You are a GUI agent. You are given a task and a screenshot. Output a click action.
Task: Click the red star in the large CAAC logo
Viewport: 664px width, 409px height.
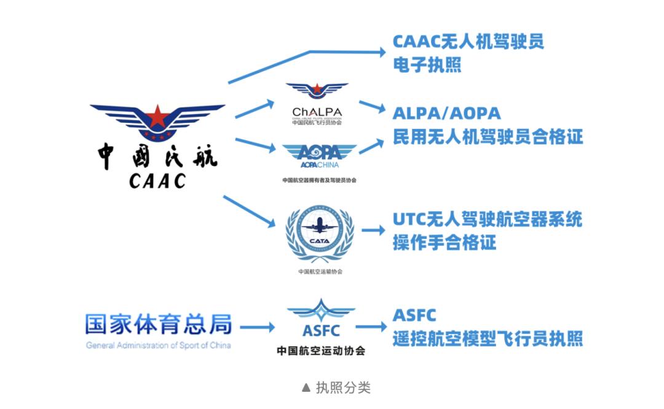click(158, 115)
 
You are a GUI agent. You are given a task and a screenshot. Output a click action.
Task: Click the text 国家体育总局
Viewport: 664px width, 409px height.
click(159, 324)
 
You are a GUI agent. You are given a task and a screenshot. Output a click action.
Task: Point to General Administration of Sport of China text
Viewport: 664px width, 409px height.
click(159, 345)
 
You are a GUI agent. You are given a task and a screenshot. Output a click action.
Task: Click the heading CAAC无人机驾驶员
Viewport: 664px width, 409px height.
click(468, 42)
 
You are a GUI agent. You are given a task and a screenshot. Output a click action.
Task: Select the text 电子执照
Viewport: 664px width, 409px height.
click(427, 65)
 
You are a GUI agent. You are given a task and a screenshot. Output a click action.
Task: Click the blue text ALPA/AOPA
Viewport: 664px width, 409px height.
click(447, 113)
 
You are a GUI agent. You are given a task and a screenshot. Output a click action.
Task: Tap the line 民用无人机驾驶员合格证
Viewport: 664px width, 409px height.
click(488, 136)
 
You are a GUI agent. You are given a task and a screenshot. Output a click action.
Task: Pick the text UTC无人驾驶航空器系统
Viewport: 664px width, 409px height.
click(487, 219)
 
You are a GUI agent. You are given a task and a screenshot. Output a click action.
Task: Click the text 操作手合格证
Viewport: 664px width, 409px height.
click(445, 243)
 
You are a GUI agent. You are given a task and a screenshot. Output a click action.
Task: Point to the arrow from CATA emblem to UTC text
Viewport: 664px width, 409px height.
click(373, 230)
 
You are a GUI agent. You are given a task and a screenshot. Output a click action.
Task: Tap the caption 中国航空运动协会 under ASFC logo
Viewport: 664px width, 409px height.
click(321, 351)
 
